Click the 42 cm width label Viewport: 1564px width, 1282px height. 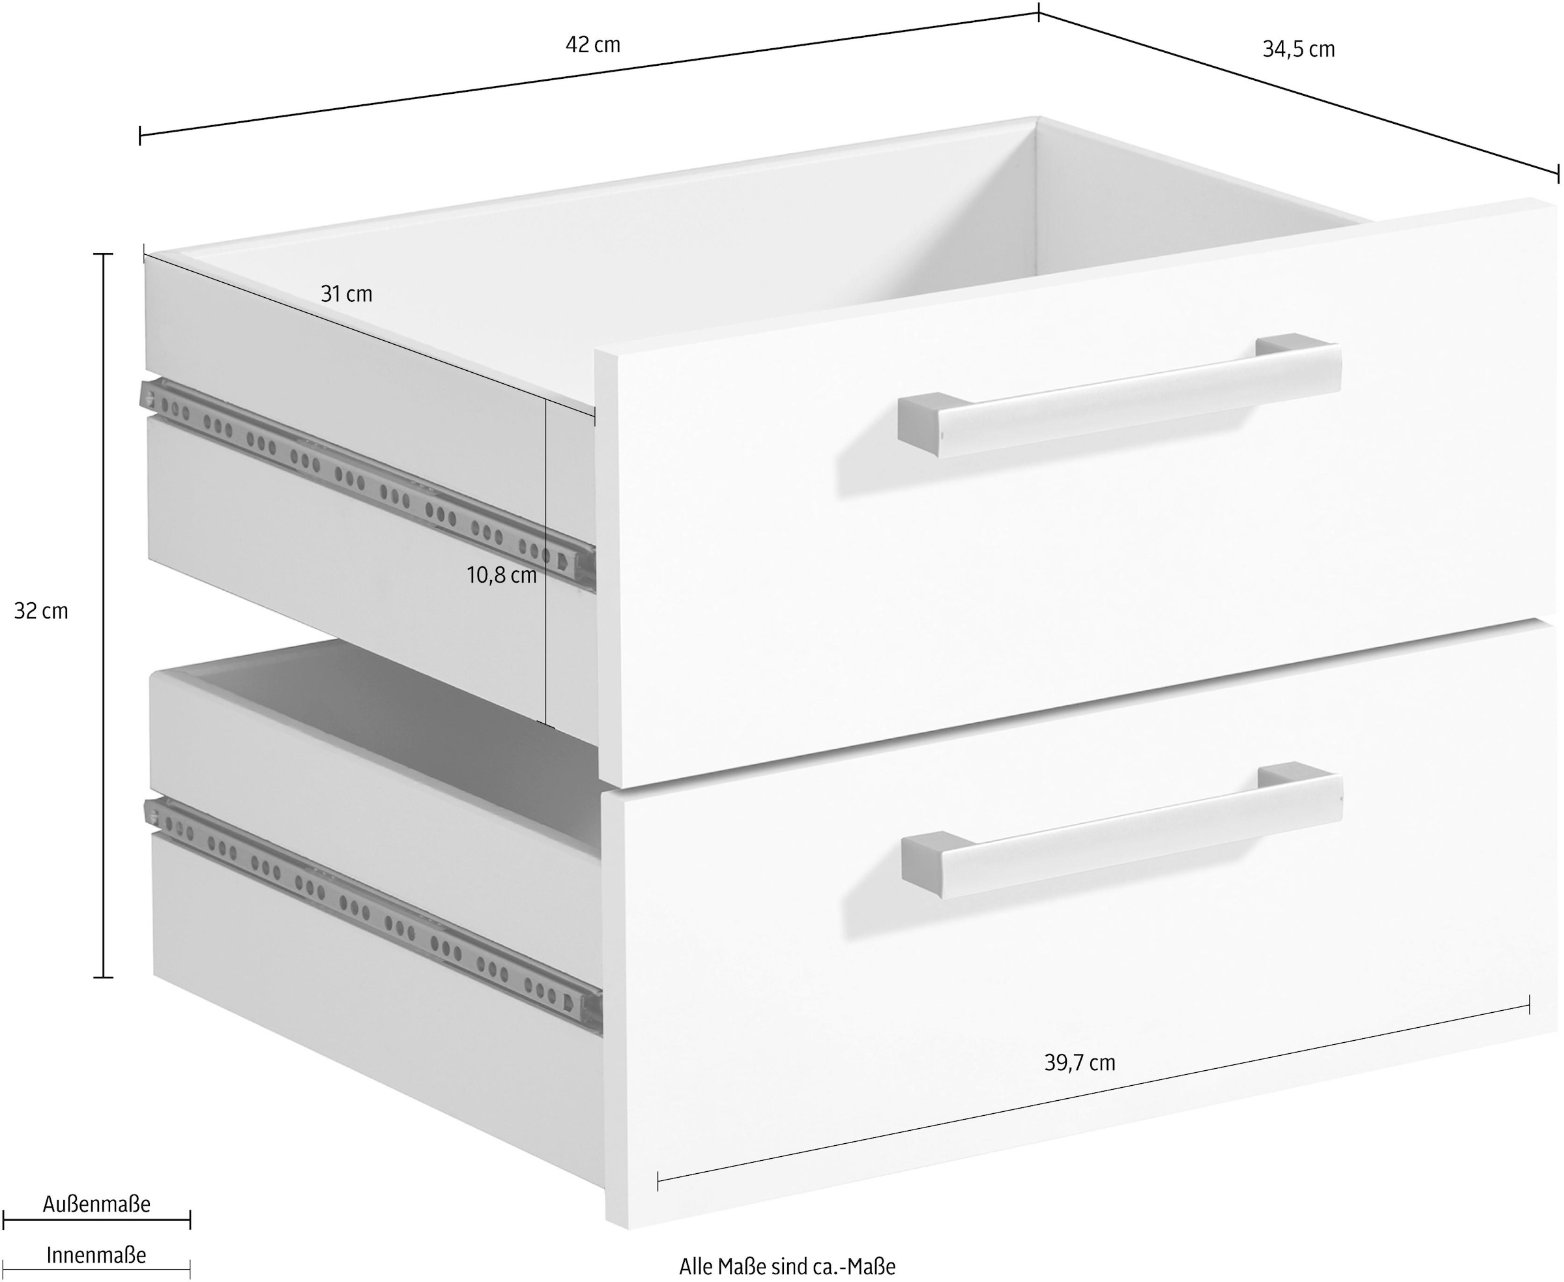(593, 45)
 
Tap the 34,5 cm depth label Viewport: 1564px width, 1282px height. (1299, 50)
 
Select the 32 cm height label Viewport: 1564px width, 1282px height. (41, 611)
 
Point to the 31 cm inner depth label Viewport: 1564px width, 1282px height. (346, 294)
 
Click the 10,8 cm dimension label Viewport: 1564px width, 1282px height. (501, 575)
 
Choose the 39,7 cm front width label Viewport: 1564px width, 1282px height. (1080, 1062)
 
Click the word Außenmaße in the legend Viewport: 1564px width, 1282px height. (96, 1204)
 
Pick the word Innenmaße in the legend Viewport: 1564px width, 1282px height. (96, 1255)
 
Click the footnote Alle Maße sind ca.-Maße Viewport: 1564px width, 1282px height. (787, 1266)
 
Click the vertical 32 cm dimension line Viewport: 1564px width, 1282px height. (104, 615)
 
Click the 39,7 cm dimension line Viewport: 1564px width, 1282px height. (1093, 1094)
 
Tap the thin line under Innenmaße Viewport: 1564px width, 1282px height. (96, 1270)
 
